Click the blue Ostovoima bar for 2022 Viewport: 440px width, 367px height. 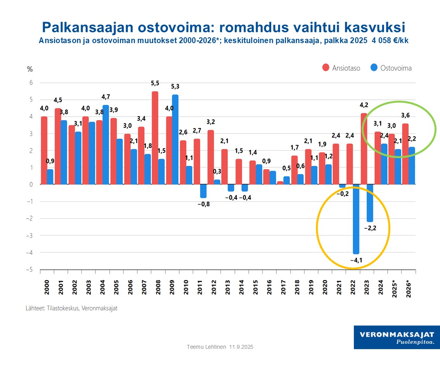point(356,219)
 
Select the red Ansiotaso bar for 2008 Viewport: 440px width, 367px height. point(155,138)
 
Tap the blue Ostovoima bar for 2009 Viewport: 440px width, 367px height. point(175,139)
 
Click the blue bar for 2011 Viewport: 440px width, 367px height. point(203,191)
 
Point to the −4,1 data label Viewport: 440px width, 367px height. point(356,261)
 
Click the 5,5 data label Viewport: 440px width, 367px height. point(155,83)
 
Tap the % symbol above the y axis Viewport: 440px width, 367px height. point(30,69)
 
